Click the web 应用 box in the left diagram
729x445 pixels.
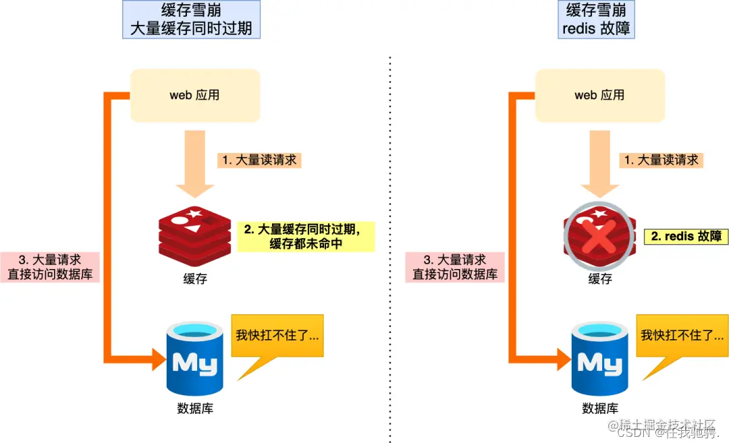point(194,95)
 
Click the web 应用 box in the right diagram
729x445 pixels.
point(599,95)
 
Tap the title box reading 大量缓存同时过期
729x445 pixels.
point(192,20)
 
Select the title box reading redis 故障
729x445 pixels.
point(597,20)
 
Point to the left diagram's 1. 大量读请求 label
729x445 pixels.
point(259,160)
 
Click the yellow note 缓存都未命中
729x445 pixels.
point(306,236)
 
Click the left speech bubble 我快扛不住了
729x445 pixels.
point(277,335)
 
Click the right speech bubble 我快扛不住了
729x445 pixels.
point(682,335)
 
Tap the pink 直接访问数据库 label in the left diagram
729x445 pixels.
point(50,267)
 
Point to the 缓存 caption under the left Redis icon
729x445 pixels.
point(194,278)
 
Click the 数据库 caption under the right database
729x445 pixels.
point(599,408)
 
